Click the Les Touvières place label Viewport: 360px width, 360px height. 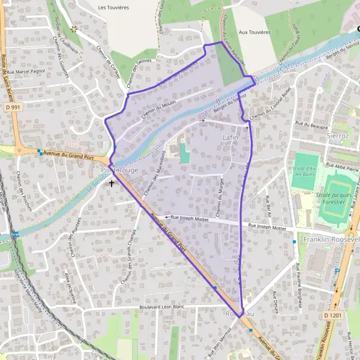(113, 7)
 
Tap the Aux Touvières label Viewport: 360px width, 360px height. (254, 32)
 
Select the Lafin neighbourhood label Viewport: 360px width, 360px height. (230, 137)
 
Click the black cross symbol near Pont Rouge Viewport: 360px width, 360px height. (112, 183)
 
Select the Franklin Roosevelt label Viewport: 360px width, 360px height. (331, 239)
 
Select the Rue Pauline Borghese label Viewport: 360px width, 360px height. (298, 285)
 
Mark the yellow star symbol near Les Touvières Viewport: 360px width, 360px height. (74, 28)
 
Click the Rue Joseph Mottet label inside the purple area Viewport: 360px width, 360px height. (190, 218)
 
